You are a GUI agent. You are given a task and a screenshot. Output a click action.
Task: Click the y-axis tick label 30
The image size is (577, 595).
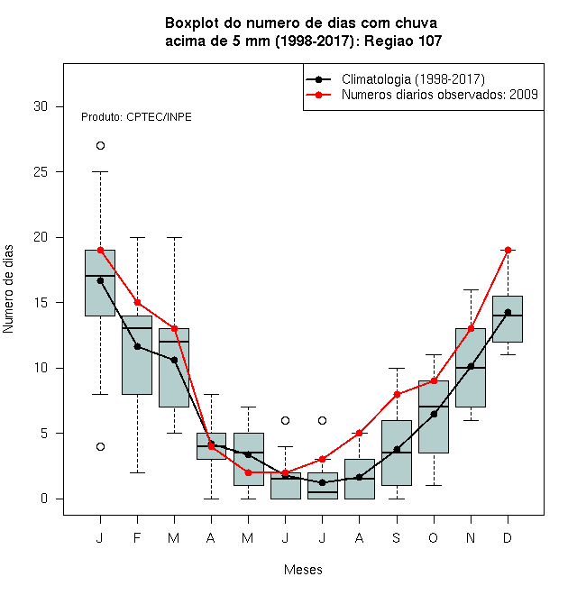[x=41, y=106]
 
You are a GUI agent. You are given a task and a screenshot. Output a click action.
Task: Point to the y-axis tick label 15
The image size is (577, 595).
[x=41, y=303]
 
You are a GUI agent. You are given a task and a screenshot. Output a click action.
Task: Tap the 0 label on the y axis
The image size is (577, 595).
[x=44, y=499]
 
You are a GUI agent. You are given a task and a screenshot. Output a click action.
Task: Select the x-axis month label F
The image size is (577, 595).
[x=137, y=537]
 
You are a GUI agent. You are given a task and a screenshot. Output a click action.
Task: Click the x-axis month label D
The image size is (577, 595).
[x=508, y=537]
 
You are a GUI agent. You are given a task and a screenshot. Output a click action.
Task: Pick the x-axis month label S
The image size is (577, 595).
[x=397, y=537]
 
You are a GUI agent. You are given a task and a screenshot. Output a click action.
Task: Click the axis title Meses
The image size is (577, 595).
[x=303, y=570]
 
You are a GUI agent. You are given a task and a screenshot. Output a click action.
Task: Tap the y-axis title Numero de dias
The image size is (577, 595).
[x=8, y=289]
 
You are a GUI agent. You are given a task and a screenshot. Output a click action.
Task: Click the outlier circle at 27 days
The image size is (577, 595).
[x=100, y=146]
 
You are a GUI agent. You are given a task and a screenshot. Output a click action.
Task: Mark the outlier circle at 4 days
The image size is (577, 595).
[x=100, y=446]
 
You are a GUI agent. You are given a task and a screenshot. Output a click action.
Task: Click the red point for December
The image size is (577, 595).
[x=508, y=250]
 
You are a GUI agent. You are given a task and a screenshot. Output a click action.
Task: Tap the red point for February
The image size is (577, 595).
[x=137, y=302]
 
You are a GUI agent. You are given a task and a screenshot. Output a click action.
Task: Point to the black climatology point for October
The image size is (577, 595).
[x=434, y=414]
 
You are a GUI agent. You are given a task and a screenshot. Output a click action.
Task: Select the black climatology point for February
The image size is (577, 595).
[x=137, y=346]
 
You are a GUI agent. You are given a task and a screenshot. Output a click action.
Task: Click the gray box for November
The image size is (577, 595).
[x=471, y=368]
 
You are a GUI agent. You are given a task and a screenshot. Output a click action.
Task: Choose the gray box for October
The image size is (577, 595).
[x=434, y=416]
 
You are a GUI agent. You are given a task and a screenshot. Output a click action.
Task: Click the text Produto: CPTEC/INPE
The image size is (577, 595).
[x=136, y=117]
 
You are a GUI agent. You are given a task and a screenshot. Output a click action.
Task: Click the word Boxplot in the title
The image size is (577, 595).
[x=192, y=23]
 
